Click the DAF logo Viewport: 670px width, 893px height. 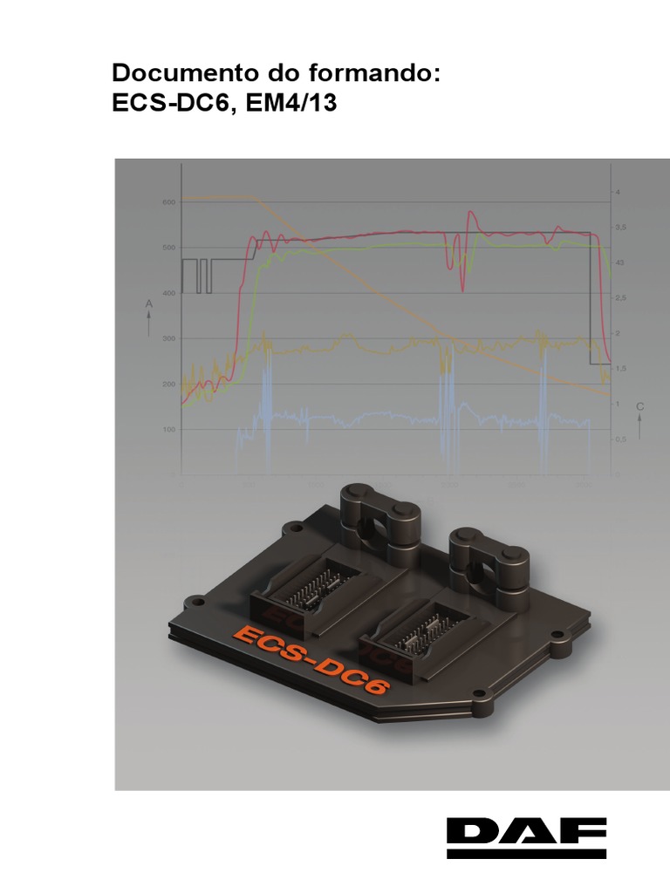click(526, 838)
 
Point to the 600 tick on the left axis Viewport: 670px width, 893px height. click(167, 202)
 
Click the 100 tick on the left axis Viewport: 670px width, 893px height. click(167, 430)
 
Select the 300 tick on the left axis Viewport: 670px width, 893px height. click(167, 338)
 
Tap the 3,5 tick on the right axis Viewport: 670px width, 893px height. click(620, 227)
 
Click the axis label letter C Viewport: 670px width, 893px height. click(639, 406)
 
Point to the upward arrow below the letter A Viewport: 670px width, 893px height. click(149, 324)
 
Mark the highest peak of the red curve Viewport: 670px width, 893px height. click(471, 211)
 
